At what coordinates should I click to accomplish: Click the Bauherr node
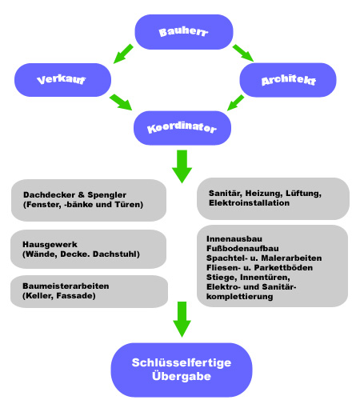point(184,32)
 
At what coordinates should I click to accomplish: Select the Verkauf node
point(62,80)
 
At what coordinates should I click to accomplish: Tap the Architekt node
point(288,80)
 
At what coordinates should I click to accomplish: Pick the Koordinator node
point(182,128)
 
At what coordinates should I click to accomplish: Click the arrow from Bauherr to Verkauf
point(123,54)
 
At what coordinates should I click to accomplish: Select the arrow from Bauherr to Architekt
point(243,53)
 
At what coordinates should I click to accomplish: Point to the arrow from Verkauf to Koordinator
point(121,102)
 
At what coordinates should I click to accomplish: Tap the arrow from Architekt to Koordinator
point(235,102)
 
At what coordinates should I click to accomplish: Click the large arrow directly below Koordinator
point(182,166)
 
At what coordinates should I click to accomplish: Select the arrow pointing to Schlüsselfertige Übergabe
point(182,319)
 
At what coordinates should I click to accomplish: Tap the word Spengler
point(107,195)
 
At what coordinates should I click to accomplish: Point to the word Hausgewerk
point(50,245)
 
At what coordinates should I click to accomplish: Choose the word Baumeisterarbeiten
point(66,286)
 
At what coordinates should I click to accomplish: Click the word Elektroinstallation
point(249,203)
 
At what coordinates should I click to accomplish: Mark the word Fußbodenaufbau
point(242,249)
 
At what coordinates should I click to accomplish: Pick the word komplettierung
point(240,297)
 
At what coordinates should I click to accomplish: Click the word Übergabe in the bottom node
point(182,376)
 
